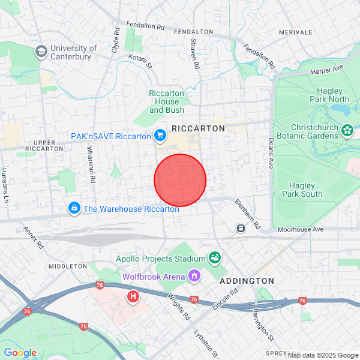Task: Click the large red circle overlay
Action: pyautogui.click(x=180, y=180)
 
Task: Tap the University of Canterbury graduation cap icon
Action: pyautogui.click(x=41, y=52)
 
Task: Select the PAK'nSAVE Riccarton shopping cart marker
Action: pyautogui.click(x=160, y=136)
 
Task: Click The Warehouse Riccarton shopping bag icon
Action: pyautogui.click(x=74, y=209)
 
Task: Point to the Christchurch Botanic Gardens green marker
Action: pyautogui.click(x=347, y=130)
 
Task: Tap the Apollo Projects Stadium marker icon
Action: pyautogui.click(x=214, y=258)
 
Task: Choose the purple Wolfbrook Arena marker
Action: pyautogui.click(x=194, y=277)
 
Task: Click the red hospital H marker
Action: pyautogui.click(x=133, y=296)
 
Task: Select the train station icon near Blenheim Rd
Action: pyautogui.click(x=241, y=228)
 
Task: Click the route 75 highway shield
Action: pyautogui.click(x=83, y=326)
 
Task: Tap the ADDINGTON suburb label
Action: pyautogui.click(x=247, y=281)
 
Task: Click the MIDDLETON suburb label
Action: pyautogui.click(x=68, y=266)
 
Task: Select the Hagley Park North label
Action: pyautogui.click(x=329, y=95)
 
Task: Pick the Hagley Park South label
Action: pyautogui.click(x=306, y=190)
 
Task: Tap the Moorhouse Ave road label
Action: pyautogui.click(x=300, y=229)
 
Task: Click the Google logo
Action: pyautogui.click(x=20, y=353)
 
